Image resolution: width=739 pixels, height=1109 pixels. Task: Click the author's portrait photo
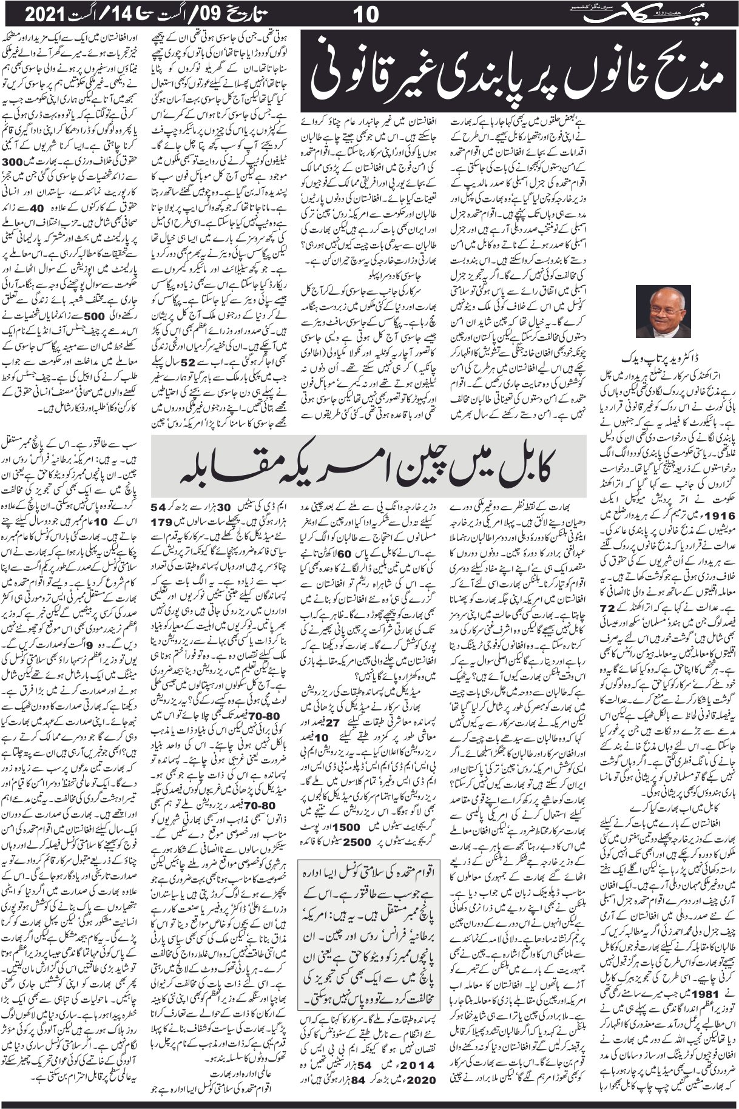click(x=665, y=311)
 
